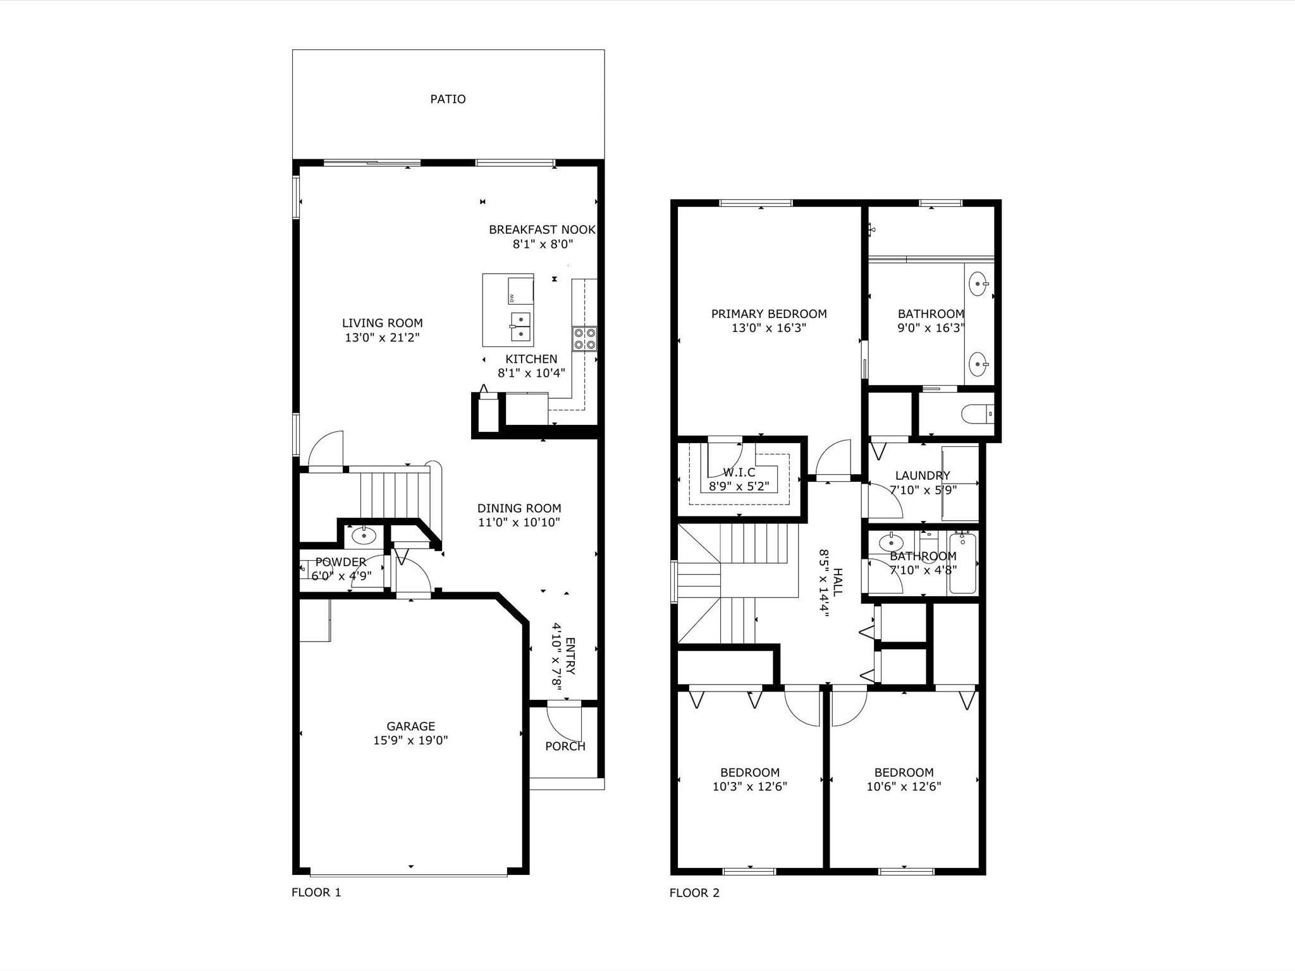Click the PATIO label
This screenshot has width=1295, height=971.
[448, 99]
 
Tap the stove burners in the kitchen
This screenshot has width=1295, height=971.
[584, 339]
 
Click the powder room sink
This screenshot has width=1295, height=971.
[364, 536]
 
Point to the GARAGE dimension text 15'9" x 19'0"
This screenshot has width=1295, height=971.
[410, 740]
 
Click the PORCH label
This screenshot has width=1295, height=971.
[565, 747]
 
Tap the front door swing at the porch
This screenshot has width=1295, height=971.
[564, 722]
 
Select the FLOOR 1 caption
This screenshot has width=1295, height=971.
[316, 893]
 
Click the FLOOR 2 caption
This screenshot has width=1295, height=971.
[694, 893]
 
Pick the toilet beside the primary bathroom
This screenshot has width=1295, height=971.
[978, 415]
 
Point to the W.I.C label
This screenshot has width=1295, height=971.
[739, 472]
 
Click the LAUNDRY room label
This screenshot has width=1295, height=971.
[923, 476]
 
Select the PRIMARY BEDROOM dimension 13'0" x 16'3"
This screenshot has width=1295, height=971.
[769, 328]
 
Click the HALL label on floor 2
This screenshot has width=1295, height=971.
[837, 582]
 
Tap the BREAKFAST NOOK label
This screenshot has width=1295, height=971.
[542, 229]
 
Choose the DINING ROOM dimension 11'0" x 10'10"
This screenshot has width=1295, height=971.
[519, 522]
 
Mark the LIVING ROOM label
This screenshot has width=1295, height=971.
[383, 323]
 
